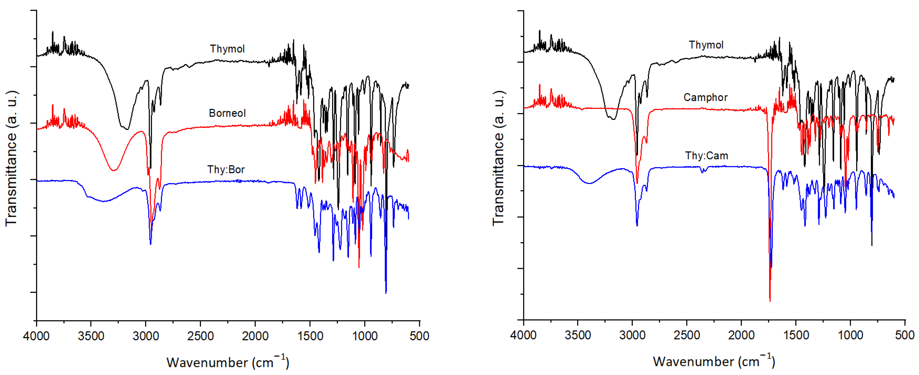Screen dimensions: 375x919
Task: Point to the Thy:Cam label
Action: (706, 156)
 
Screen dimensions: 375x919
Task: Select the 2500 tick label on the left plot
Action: (200, 336)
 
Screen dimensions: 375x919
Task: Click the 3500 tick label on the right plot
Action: (578, 335)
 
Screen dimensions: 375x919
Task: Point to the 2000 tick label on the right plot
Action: (742, 335)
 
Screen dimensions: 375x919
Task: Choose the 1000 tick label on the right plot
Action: (850, 335)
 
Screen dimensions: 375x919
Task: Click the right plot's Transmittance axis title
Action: (498, 158)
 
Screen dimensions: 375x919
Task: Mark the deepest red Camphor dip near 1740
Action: (770, 301)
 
